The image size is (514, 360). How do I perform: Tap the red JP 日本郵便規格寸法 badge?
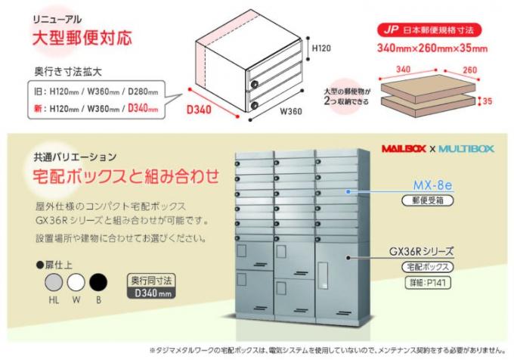click(x=430, y=32)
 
